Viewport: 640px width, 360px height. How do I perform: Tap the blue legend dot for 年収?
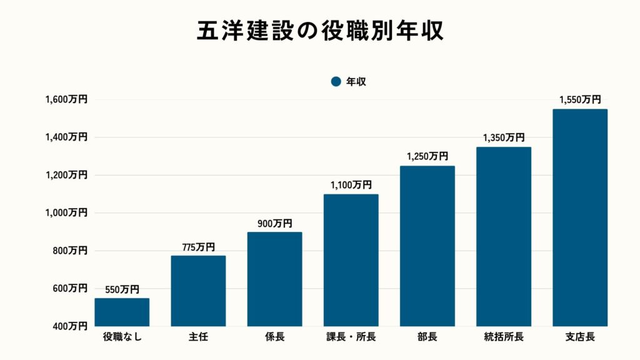pos(336,81)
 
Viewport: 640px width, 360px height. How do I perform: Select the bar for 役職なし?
pos(122,312)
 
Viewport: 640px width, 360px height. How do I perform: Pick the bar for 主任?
pos(198,291)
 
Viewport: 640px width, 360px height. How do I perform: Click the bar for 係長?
pos(274,279)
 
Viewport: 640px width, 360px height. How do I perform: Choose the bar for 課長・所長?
pos(351,260)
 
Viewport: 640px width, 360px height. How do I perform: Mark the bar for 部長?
pos(427,246)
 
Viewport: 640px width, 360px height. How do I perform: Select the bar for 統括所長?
pos(504,236)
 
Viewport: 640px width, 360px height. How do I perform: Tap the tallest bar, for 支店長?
pos(580,217)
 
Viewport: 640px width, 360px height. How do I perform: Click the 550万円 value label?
pos(122,290)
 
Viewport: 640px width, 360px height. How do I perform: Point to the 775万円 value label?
pos(198,247)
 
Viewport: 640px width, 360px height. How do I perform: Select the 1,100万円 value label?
pos(351,185)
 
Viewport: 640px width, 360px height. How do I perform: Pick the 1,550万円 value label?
pos(580,100)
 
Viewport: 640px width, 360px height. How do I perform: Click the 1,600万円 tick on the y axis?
pos(66,99)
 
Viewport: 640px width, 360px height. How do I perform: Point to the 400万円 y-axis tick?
pos(69,326)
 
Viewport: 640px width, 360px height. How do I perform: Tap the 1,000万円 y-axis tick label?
pos(66,212)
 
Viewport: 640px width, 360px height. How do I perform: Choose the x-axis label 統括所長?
pos(504,337)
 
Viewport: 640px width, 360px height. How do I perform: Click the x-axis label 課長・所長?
pos(351,337)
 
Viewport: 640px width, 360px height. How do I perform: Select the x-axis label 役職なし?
pos(122,337)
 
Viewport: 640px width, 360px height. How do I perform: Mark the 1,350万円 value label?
pos(504,138)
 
